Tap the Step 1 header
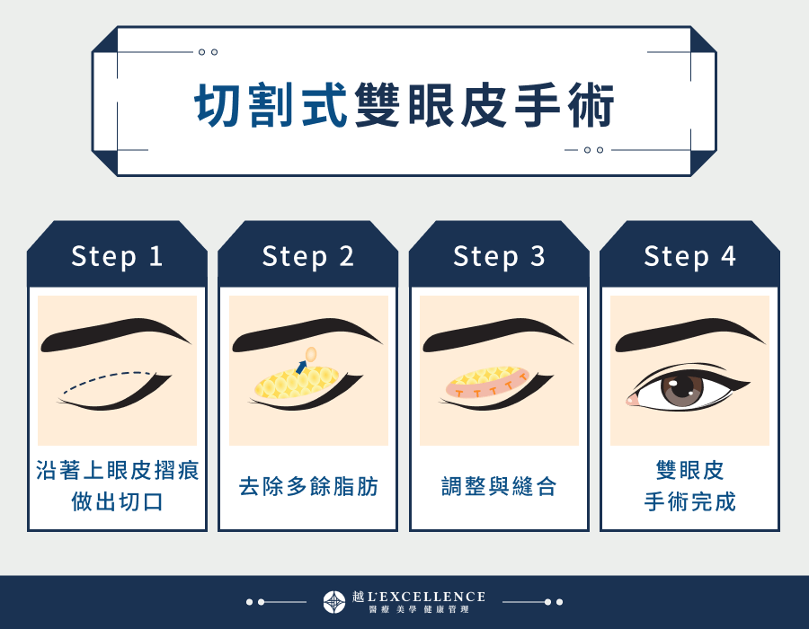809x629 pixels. pyautogui.click(x=117, y=256)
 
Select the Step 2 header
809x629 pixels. pyautogui.click(x=308, y=256)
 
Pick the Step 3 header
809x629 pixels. pyautogui.click(x=499, y=256)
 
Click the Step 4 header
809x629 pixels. pyautogui.click(x=689, y=256)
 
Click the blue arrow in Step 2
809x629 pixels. pyautogui.click(x=301, y=366)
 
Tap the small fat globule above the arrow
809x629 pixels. pyautogui.click(x=311, y=354)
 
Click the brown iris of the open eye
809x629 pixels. pyautogui.click(x=682, y=387)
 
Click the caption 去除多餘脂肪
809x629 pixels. pyautogui.click(x=308, y=487)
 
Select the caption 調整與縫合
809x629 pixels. pyautogui.click(x=499, y=487)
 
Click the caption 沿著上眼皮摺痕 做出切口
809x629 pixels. pyautogui.click(x=117, y=486)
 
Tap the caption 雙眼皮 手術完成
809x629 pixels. pyautogui.click(x=689, y=486)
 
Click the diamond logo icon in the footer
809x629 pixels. pyautogui.click(x=334, y=602)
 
